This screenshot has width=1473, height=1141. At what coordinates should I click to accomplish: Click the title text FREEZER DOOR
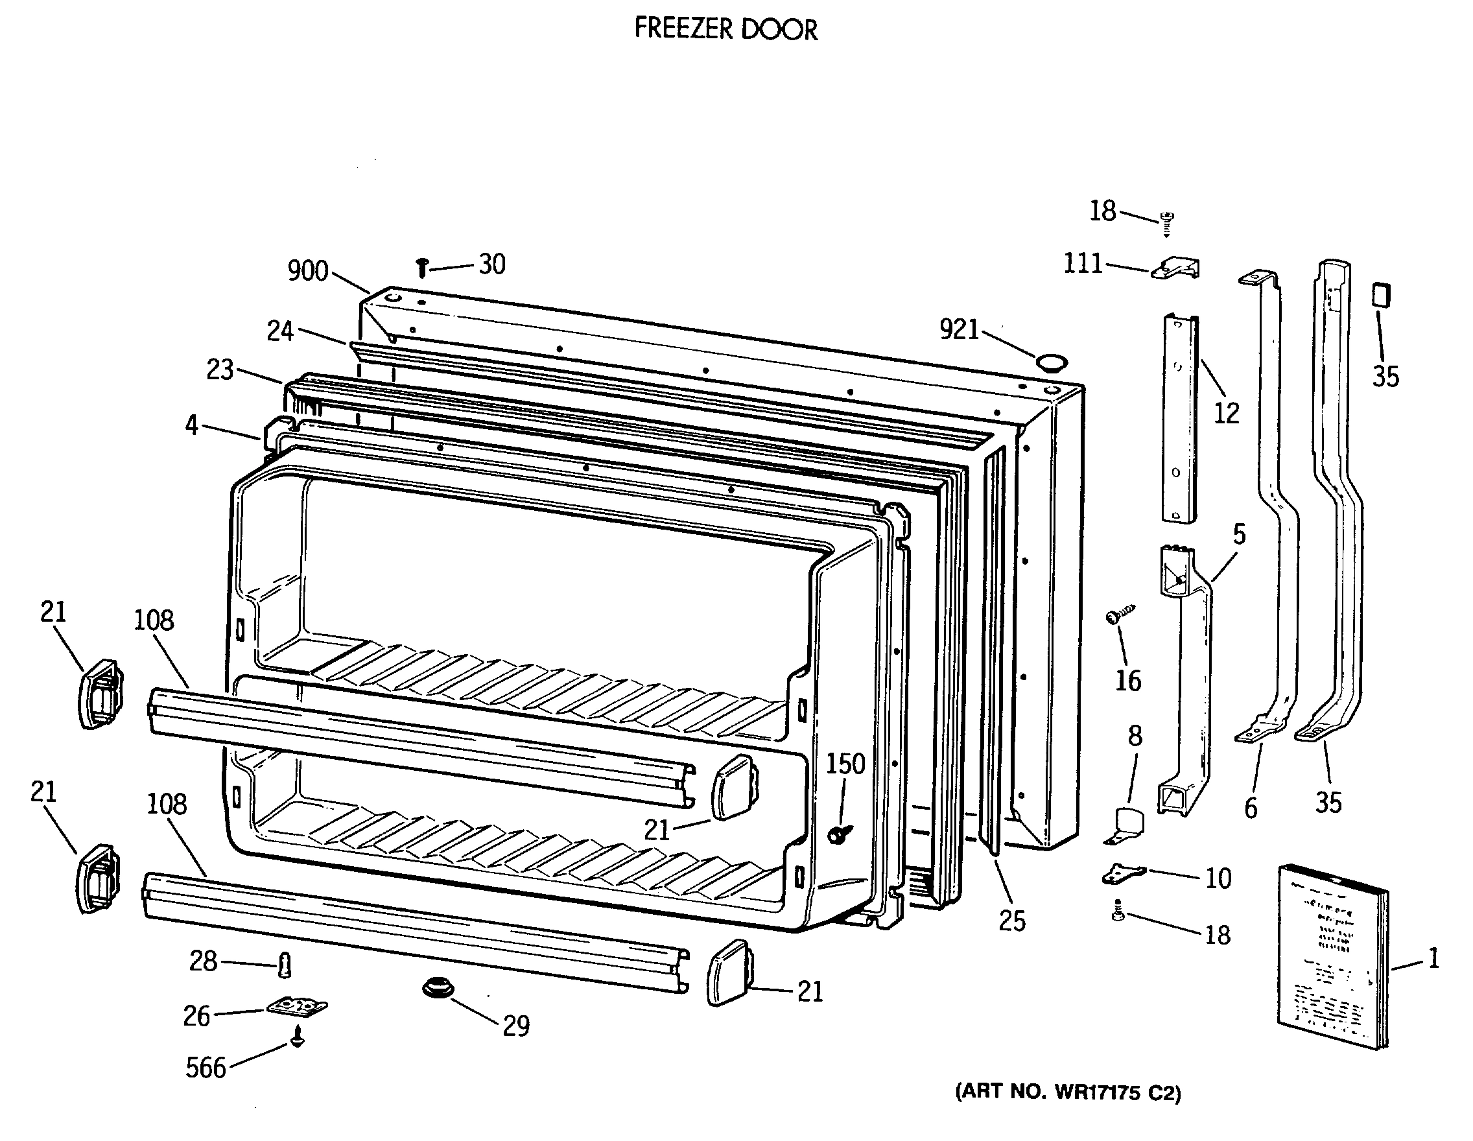click(x=725, y=29)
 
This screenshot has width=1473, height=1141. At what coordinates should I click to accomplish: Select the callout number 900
click(x=307, y=271)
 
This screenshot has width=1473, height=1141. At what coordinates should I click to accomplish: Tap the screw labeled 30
click(x=422, y=268)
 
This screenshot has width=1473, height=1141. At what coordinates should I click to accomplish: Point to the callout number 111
click(x=1082, y=263)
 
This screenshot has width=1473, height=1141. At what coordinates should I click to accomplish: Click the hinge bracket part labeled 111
click(x=1176, y=268)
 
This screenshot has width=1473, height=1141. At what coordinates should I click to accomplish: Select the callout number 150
click(x=845, y=764)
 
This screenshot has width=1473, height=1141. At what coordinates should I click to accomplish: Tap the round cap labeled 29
click(x=438, y=989)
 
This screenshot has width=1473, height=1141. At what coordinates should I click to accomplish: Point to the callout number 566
click(x=206, y=1068)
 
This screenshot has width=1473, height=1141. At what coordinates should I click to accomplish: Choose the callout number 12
click(x=1226, y=413)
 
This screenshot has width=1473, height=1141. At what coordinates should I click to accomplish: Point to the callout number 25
click(x=1011, y=921)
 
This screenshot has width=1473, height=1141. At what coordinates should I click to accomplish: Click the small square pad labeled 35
click(x=1380, y=296)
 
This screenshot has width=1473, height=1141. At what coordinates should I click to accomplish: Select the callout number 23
click(x=220, y=370)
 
